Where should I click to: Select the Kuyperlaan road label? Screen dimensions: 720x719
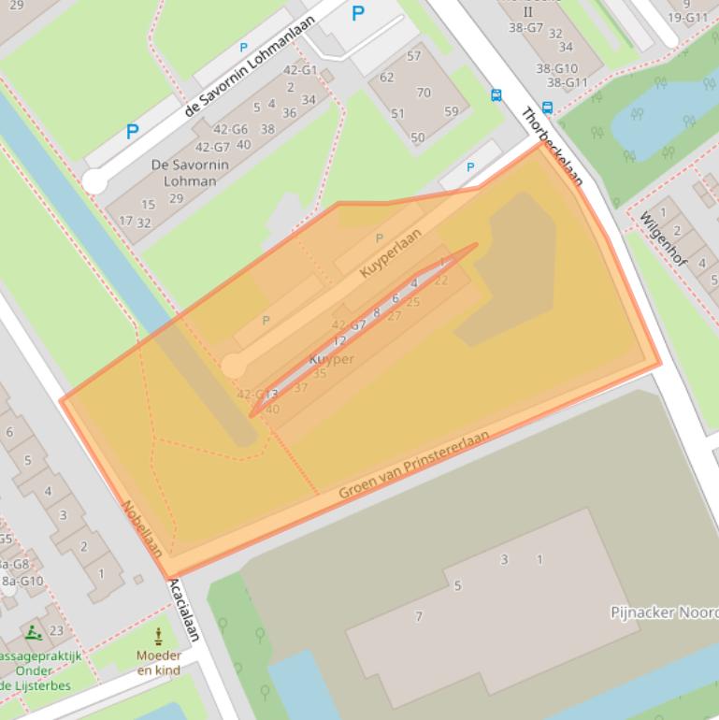[x=391, y=253]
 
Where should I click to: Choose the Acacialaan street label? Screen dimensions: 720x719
[x=185, y=609]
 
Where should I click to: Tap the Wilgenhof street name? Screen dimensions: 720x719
[x=663, y=238]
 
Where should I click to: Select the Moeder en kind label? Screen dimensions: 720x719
[x=159, y=663]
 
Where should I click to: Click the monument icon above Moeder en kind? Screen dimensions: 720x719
[x=158, y=638]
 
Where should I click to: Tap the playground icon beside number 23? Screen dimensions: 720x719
[x=34, y=631]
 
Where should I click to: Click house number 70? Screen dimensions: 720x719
[x=424, y=93]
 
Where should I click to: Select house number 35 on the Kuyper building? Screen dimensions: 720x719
[x=320, y=373]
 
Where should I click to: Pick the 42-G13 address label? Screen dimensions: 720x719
[x=257, y=394]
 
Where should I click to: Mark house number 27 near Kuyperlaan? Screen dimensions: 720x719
[x=394, y=316]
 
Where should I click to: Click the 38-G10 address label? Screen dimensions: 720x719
[x=556, y=68]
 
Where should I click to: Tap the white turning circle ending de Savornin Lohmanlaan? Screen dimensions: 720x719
[x=94, y=181]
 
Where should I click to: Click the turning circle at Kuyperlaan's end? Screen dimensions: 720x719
[x=234, y=366]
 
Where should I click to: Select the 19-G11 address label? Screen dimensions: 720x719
[x=688, y=17]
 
